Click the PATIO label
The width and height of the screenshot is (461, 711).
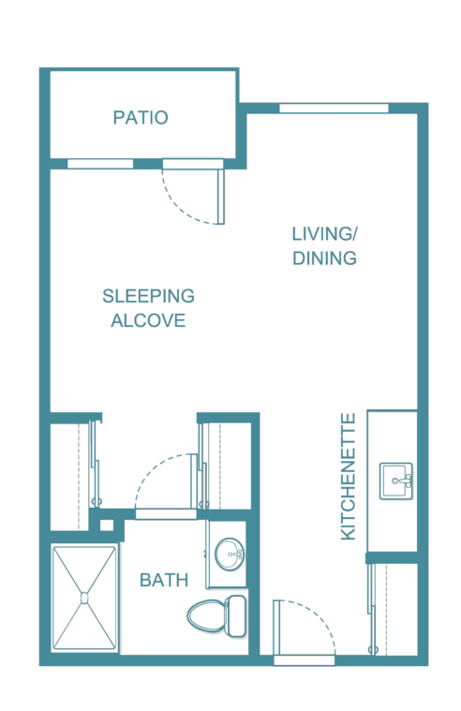pos(141,118)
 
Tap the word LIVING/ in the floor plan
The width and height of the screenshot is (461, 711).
pos(324,234)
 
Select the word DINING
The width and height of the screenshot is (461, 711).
pos(324,259)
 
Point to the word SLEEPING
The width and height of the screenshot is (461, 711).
pos(148,296)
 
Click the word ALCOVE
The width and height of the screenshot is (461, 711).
pos(148,320)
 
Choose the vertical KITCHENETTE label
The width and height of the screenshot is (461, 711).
pos(348,477)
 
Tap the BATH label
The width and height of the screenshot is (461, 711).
pos(164,581)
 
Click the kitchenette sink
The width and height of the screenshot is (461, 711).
pos(396,481)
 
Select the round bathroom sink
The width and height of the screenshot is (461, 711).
pos(230,555)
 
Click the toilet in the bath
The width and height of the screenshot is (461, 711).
pos(216,615)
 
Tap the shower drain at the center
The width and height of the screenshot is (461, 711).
pos(84,599)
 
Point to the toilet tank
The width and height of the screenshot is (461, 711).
pos(235,615)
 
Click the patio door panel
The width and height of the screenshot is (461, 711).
pos(221,197)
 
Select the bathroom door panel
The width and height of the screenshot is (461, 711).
pos(194,481)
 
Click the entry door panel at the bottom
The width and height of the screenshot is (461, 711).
pos(276,628)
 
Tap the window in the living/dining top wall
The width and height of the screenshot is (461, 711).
pos(334,109)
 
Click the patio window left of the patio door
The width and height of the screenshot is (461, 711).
pos(100,164)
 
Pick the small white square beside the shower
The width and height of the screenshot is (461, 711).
pos(107,526)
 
